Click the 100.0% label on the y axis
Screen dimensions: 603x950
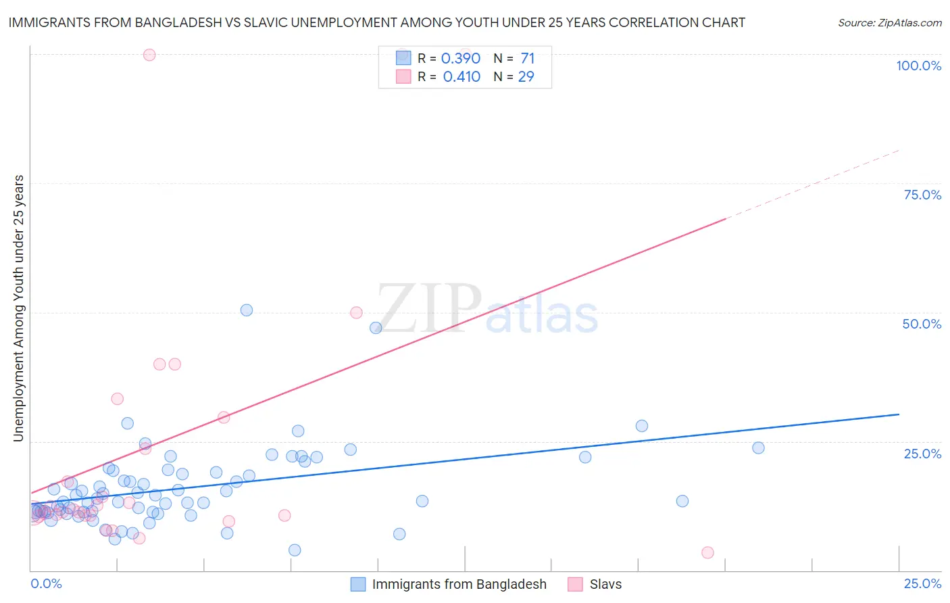(918, 66)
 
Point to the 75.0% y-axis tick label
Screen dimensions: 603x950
(922, 195)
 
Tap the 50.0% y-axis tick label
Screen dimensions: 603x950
(922, 324)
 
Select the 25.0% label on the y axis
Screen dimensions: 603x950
(922, 453)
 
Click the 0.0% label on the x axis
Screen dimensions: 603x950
(46, 583)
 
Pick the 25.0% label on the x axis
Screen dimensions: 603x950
(922, 583)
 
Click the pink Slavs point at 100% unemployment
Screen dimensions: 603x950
(149, 55)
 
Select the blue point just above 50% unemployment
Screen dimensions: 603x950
(247, 310)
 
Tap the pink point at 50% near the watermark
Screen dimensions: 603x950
(356, 312)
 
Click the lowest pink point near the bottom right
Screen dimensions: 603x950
(707, 552)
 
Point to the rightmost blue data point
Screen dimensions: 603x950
(758, 448)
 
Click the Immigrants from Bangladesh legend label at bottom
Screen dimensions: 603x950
(459, 584)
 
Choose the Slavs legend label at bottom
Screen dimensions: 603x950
(605, 584)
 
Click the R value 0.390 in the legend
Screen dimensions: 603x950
(461, 58)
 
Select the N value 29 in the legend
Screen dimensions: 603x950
(526, 76)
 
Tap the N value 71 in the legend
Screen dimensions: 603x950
(527, 58)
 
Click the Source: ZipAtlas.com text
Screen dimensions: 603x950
(889, 22)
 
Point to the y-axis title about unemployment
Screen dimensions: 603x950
(18, 308)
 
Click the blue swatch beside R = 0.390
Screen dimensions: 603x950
(403, 58)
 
